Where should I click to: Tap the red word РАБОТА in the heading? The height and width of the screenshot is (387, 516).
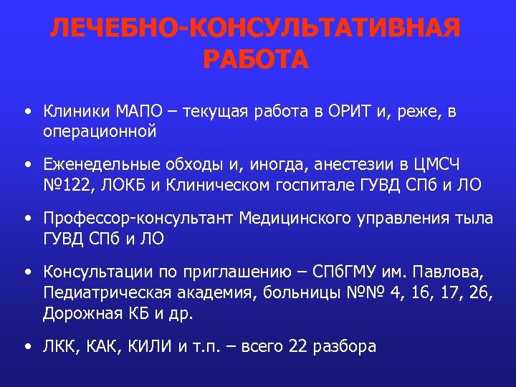[x=256, y=59]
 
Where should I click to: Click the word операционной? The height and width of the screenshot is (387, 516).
[x=100, y=131]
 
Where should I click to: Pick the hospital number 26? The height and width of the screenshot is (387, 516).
[x=477, y=292]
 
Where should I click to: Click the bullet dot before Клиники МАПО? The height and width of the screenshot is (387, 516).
[x=27, y=113]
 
